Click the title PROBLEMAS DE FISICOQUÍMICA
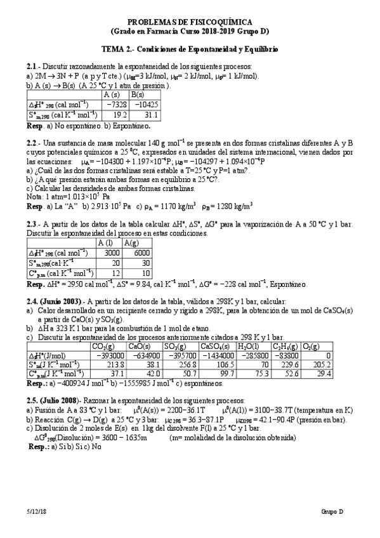[190, 21]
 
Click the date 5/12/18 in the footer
[36, 511]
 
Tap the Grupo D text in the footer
[331, 511]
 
